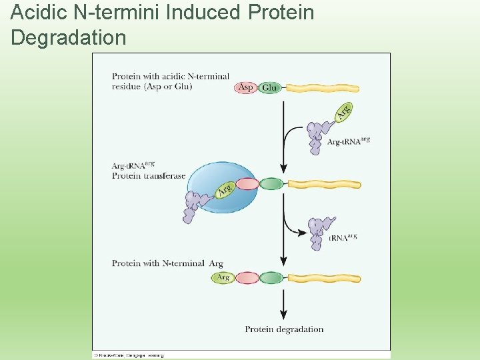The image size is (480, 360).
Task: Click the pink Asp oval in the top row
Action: pos(246,88)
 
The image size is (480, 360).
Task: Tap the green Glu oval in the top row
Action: pos(270,88)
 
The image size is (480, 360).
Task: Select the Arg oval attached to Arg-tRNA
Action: pos(343,112)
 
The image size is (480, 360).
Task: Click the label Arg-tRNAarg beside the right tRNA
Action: pos(348,141)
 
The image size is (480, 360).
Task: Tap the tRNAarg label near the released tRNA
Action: pos(343,237)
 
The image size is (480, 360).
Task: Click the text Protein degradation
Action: pos(284,329)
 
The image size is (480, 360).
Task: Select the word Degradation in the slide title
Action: pos(69,37)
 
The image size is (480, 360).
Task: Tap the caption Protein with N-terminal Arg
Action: pos(167,263)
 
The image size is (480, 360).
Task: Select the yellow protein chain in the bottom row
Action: pos(323,277)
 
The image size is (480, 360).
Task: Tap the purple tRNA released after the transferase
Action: pos(319,232)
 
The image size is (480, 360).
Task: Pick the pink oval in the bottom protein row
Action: pos(247,277)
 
